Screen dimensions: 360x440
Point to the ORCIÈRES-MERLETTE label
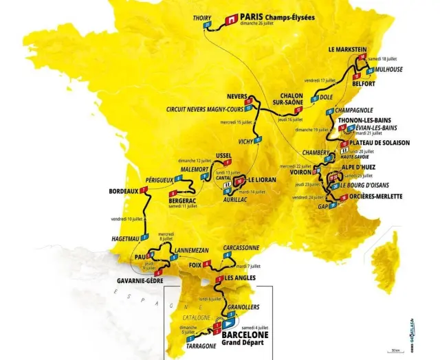click(373, 196)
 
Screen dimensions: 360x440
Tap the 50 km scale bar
click(394, 352)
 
